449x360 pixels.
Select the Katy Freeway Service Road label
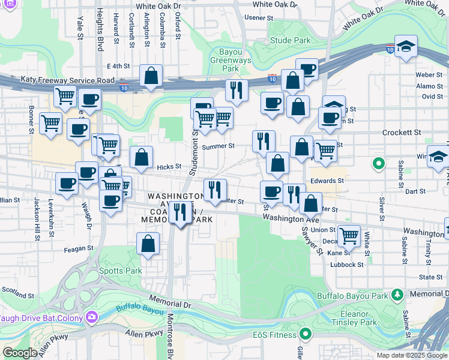67,79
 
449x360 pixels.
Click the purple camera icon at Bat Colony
91,316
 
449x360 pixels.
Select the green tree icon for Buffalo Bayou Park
397,295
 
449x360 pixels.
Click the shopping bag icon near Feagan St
148,244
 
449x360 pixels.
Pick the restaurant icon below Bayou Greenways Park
237,90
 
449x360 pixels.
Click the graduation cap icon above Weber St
406,47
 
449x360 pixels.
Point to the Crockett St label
402,132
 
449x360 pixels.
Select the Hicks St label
169,167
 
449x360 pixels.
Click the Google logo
20,353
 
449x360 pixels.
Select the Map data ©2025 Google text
411,355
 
